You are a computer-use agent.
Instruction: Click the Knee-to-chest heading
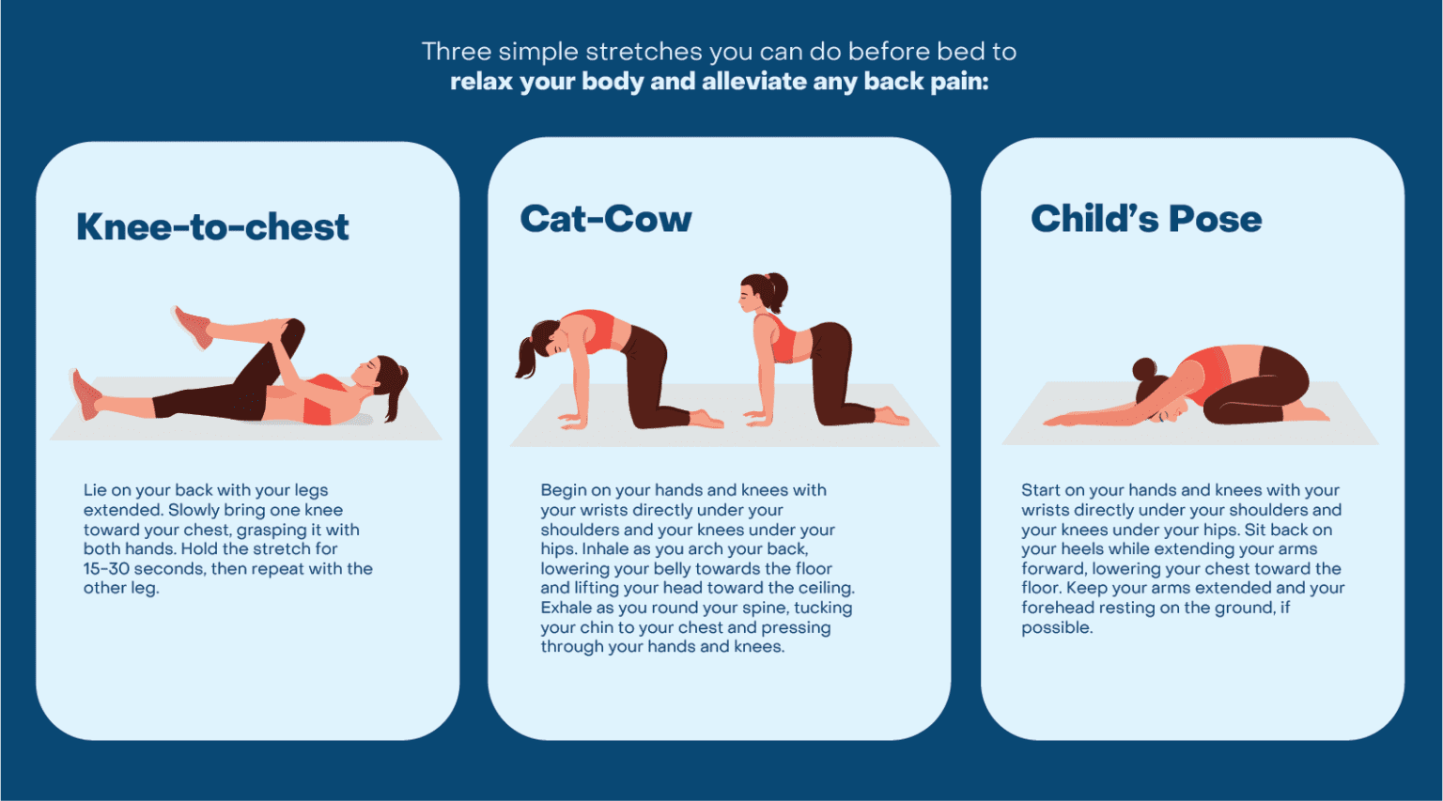tap(212, 227)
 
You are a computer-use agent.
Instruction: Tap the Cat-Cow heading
tap(606, 219)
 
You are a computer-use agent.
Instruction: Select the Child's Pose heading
tap(1146, 219)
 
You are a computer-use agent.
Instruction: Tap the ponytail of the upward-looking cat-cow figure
tap(778, 291)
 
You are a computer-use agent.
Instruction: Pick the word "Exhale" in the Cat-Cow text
tap(566, 608)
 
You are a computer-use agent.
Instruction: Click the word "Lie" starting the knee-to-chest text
tap(95, 490)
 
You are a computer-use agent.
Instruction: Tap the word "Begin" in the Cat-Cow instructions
tap(563, 490)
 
